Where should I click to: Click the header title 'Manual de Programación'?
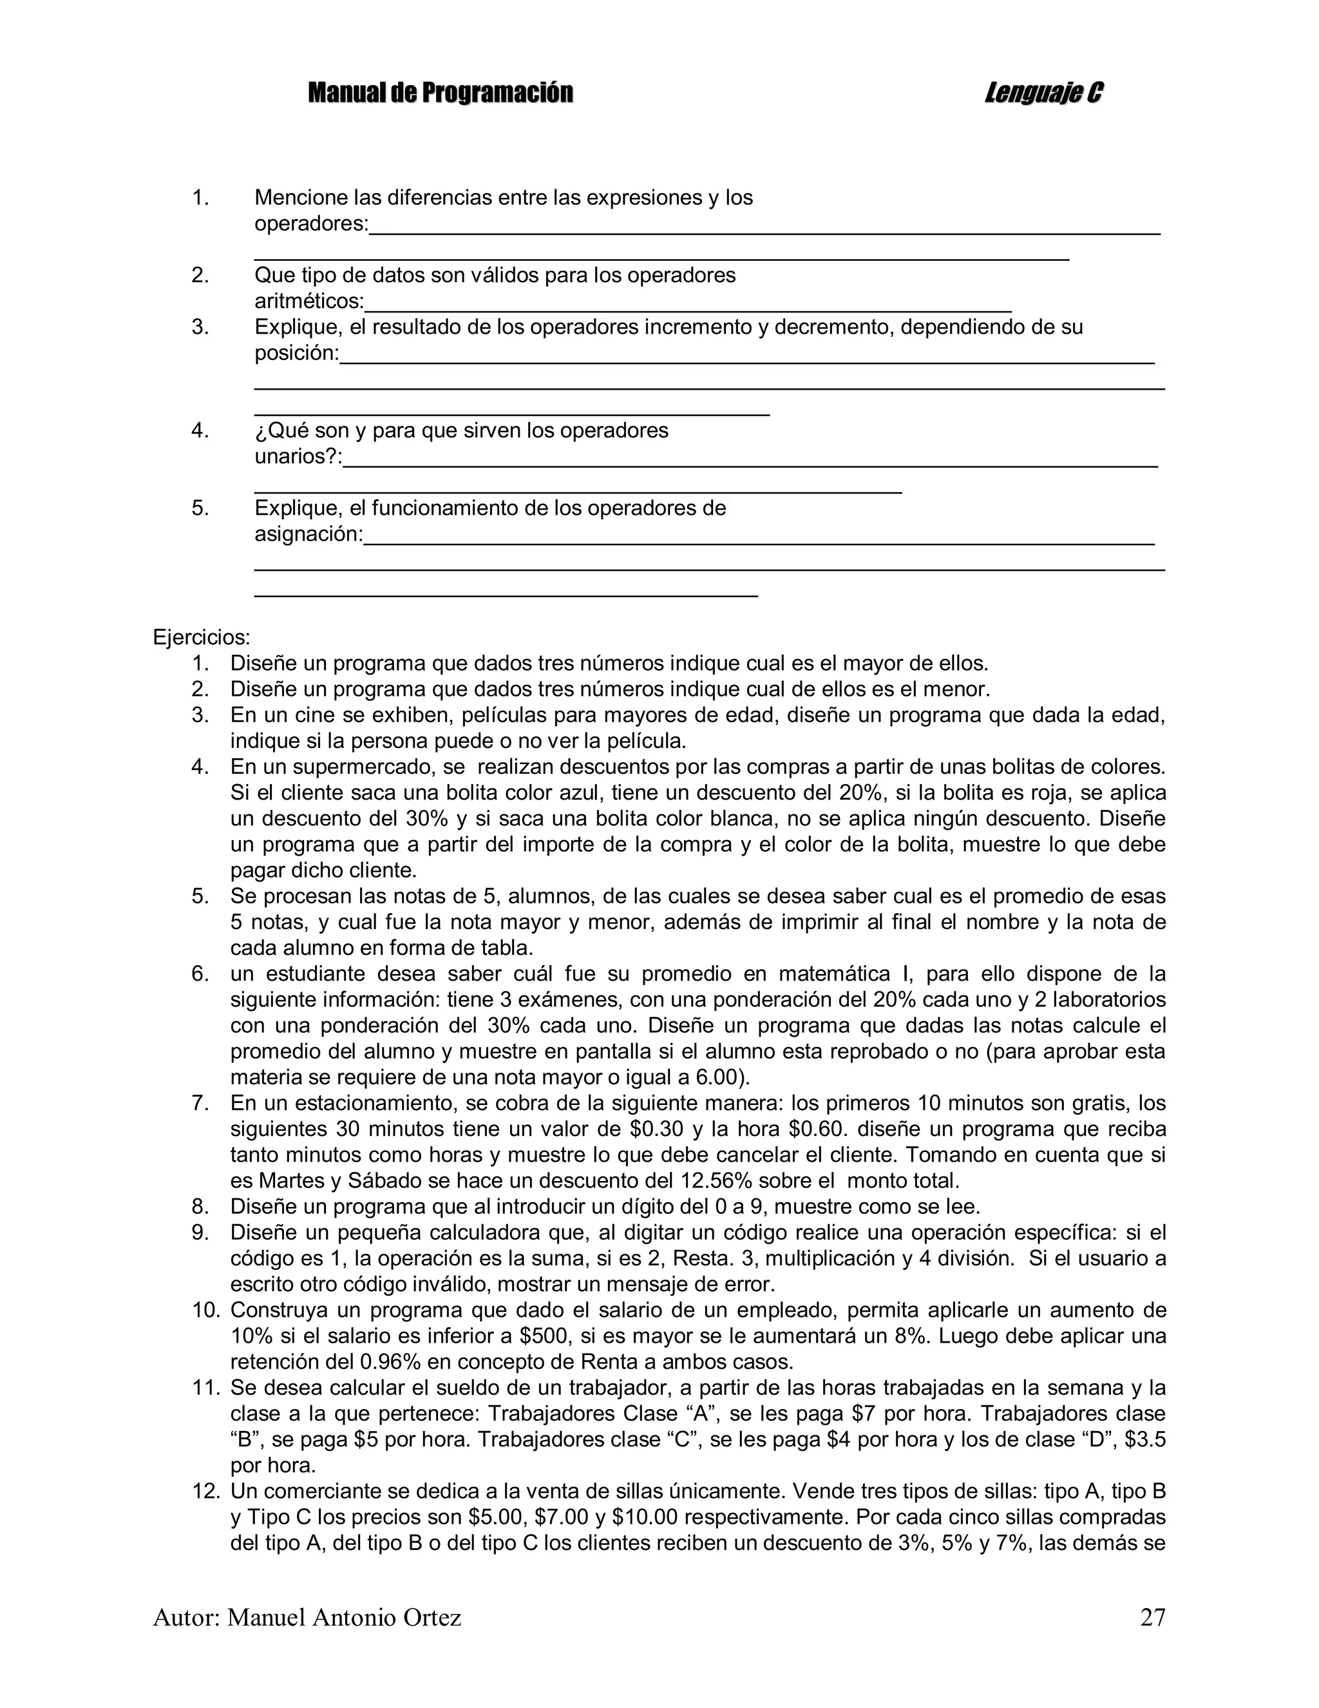(440, 93)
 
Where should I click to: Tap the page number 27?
(1152, 1617)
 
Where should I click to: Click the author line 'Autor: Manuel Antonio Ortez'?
(307, 1617)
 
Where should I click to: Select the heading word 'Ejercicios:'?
(202, 637)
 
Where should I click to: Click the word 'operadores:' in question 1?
(311, 224)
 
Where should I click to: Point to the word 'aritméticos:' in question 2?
(310, 301)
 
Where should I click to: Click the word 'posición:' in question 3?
(297, 354)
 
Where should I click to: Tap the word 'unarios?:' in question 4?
(299, 457)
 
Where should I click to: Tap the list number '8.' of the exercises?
(200, 1207)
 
